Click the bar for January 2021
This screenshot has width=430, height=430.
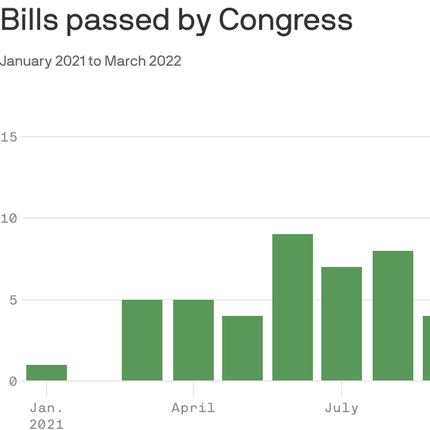point(47,373)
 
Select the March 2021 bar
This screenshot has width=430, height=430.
point(142,340)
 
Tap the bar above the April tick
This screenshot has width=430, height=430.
point(194,340)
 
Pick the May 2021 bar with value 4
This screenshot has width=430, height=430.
point(242,348)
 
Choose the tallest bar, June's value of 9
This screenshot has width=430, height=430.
point(293,307)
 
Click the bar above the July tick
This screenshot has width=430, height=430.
point(341,324)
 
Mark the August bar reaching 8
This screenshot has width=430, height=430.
point(393,316)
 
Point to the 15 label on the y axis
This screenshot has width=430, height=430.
point(8,137)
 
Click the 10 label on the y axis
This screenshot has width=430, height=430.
point(8,218)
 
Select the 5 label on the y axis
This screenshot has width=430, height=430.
point(13,300)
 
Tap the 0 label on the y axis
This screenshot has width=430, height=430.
point(13,381)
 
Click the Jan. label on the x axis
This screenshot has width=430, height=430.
point(46,408)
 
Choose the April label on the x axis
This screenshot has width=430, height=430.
point(193,408)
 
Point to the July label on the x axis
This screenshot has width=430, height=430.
point(341,408)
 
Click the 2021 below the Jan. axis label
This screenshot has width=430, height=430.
point(46,424)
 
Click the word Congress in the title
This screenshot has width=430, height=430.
point(286,20)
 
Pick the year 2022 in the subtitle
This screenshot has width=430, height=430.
point(165,61)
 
